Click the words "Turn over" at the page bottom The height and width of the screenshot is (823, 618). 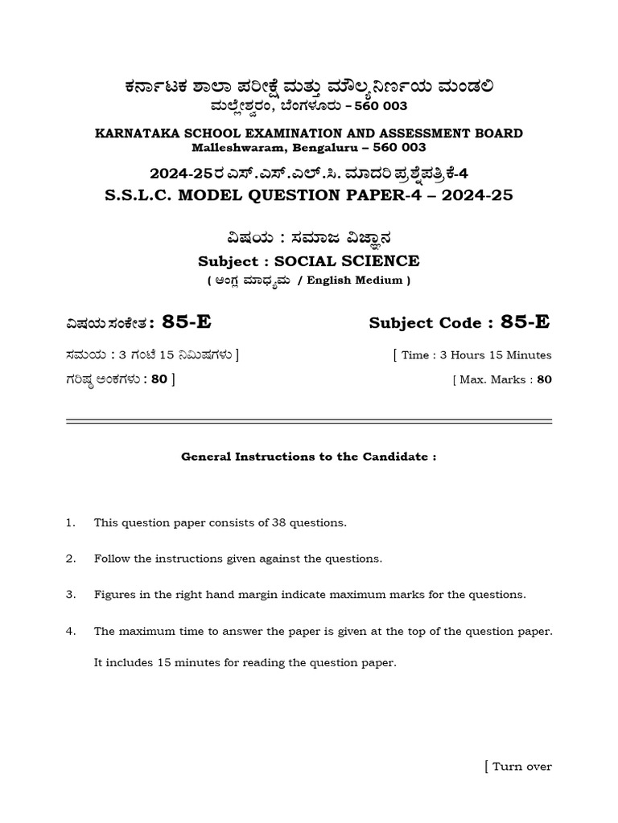[x=521, y=767]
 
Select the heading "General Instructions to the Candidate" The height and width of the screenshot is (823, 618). [x=308, y=457]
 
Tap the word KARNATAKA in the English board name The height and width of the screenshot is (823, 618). [x=134, y=133]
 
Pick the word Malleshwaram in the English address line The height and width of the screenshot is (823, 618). [x=230, y=148]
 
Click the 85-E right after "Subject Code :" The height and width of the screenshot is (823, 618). [x=525, y=322]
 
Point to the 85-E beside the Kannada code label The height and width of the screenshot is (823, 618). [x=187, y=322]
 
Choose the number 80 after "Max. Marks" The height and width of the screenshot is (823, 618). [x=544, y=379]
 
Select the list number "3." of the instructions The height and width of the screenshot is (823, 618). [x=71, y=595]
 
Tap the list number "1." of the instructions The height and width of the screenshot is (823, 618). [x=71, y=522]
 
